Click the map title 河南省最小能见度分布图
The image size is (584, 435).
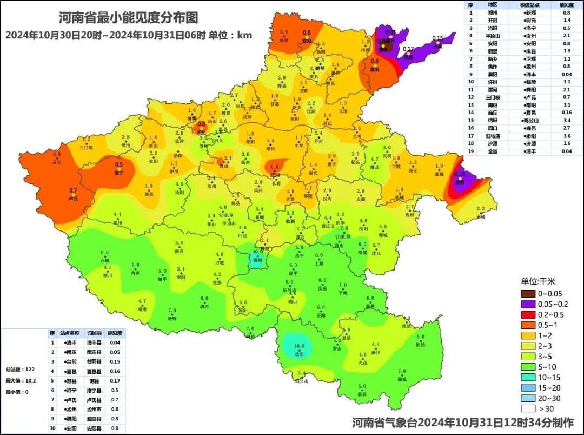point(128,18)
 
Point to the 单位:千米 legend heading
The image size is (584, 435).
point(538,281)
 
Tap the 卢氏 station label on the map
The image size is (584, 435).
point(74,199)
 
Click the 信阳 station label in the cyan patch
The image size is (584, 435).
point(299,354)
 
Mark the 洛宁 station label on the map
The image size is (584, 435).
point(118,173)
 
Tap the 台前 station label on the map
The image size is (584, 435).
point(437,47)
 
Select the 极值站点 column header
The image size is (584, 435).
point(529,5)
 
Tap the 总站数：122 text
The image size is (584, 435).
point(20,369)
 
